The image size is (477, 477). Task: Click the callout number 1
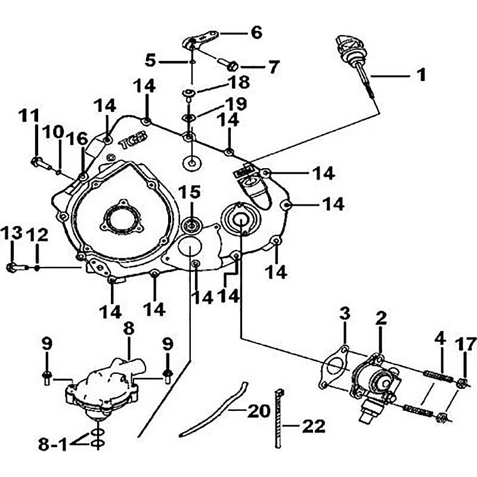pos(421,75)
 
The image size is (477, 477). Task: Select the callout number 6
pos(256,32)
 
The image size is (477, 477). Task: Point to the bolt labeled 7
pos(230,64)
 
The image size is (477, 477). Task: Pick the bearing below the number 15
pos(192,226)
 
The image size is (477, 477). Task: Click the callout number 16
pos(76,139)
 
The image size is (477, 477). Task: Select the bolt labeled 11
pos(38,161)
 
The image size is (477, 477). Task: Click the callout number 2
pos(381,317)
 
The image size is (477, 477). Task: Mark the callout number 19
pos(235,104)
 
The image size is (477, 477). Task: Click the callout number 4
pos(439,339)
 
